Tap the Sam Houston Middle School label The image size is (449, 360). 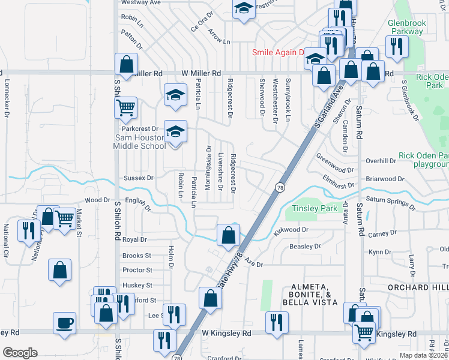pyautogui.click(x=140, y=142)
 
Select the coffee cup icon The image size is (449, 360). pyautogui.click(x=64, y=323)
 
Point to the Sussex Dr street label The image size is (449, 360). pyautogui.click(x=138, y=178)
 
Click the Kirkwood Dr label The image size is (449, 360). pyautogui.click(x=292, y=229)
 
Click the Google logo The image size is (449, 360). pyautogui.click(x=20, y=353)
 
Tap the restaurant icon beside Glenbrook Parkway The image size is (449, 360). pyautogui.click(x=396, y=46)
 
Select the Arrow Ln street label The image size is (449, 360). pyautogui.click(x=218, y=37)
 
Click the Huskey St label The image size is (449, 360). pyautogui.click(x=137, y=285)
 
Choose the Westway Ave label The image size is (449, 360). pyautogui.click(x=141, y=2)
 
